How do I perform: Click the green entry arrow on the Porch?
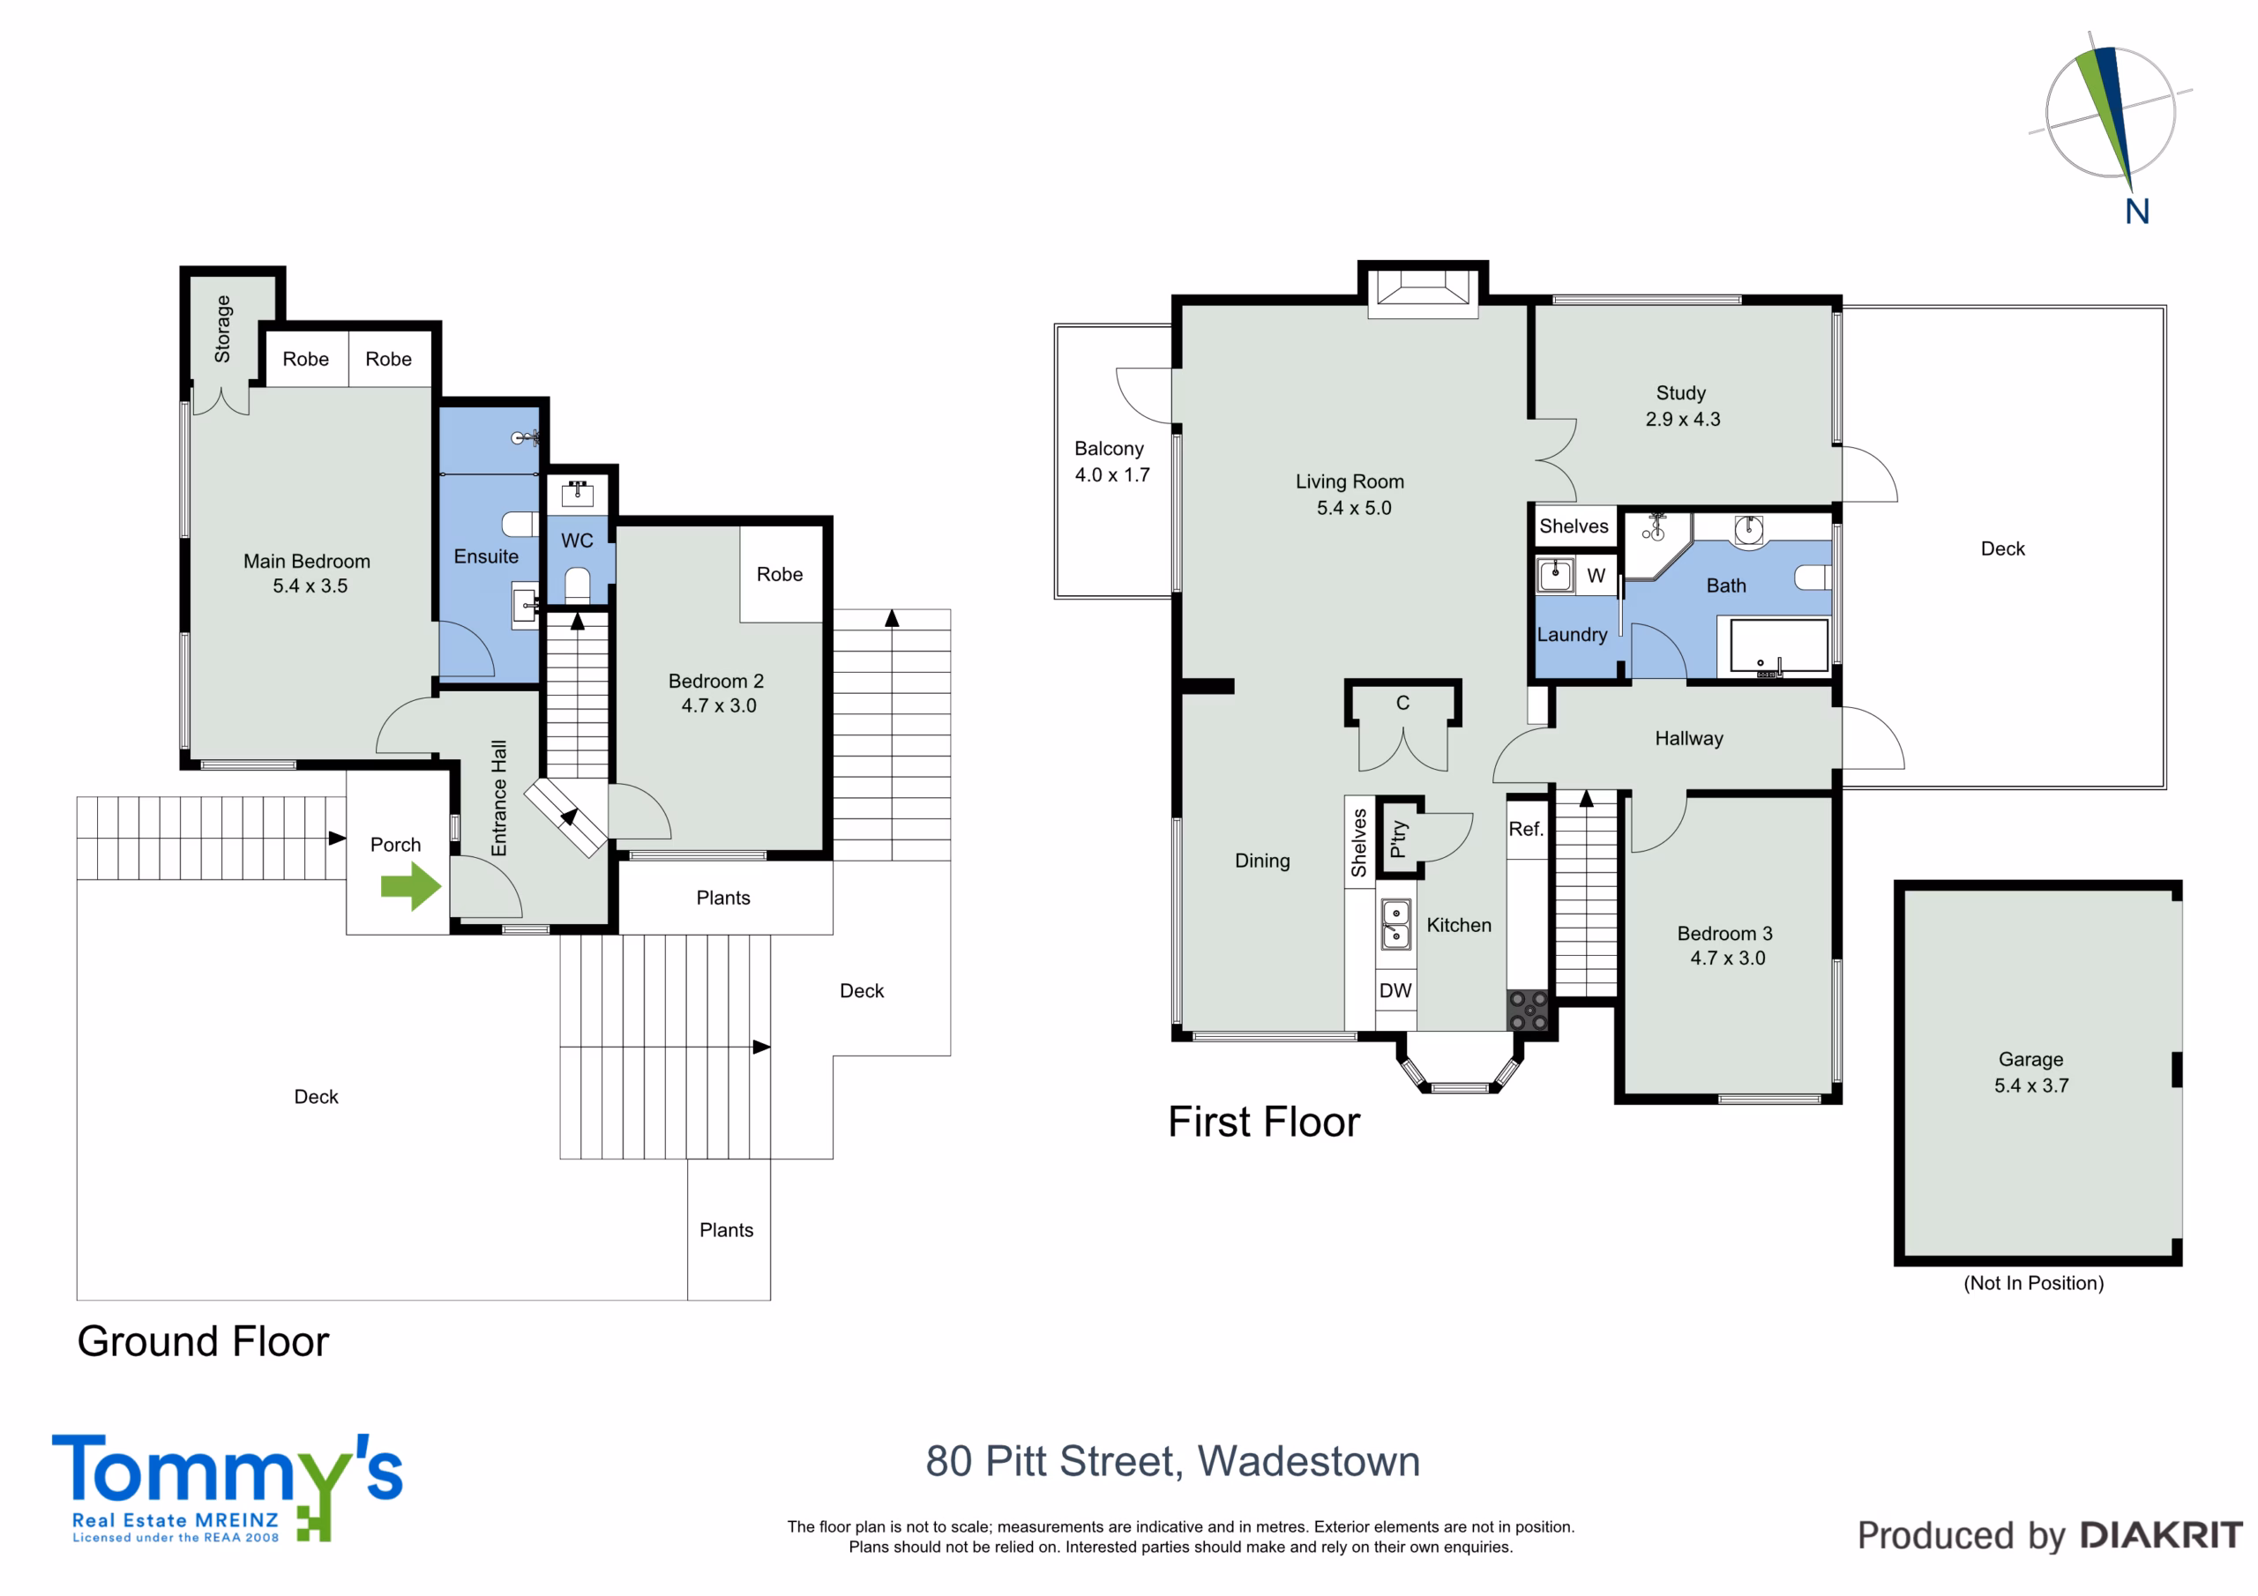coord(411,886)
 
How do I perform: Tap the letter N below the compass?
coord(2137,212)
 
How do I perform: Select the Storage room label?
coord(223,328)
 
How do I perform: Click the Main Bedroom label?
coord(307,562)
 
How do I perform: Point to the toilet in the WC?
coord(577,584)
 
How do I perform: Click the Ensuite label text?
coord(486,556)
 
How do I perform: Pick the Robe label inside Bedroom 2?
coord(780,574)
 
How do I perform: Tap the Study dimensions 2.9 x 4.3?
coord(1683,419)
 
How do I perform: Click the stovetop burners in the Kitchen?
coord(1529,1011)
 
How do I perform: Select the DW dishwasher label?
coord(1395,990)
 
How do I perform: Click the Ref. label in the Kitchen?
coord(1525,829)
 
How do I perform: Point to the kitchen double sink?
coord(1395,924)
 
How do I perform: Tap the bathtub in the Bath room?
coord(1779,645)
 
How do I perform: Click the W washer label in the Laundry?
coord(1596,575)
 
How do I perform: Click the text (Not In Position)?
coord(2034,1283)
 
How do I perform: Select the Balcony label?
coord(1110,449)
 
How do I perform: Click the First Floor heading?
coord(1264,1122)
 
